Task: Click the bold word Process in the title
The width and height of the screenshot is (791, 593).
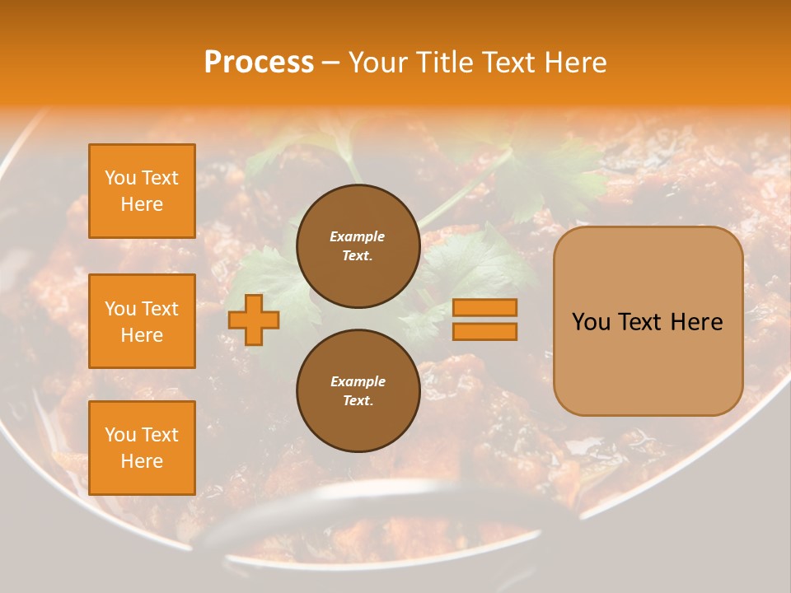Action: pyautogui.click(x=259, y=63)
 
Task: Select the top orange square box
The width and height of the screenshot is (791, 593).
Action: pyautogui.click(x=142, y=191)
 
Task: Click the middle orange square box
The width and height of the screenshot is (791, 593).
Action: pyautogui.click(x=142, y=321)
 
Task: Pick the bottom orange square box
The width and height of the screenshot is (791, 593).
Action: pyautogui.click(x=142, y=447)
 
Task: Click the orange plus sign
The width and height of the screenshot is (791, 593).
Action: pyautogui.click(x=254, y=319)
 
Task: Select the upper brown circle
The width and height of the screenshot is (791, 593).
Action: pyautogui.click(x=358, y=246)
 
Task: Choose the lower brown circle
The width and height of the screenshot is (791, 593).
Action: pyautogui.click(x=358, y=391)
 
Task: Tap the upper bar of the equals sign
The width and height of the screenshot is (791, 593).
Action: pyautogui.click(x=484, y=307)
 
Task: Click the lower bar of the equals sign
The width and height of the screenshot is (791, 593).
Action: pyautogui.click(x=484, y=331)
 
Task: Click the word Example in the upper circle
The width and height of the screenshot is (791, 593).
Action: pyautogui.click(x=357, y=236)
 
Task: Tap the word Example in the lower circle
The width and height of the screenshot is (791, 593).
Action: pyautogui.click(x=358, y=381)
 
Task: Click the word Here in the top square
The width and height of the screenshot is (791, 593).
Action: pyautogui.click(x=142, y=204)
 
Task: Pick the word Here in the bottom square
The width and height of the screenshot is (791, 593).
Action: pyautogui.click(x=142, y=461)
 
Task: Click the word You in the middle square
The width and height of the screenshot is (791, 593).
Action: pyautogui.click(x=120, y=309)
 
